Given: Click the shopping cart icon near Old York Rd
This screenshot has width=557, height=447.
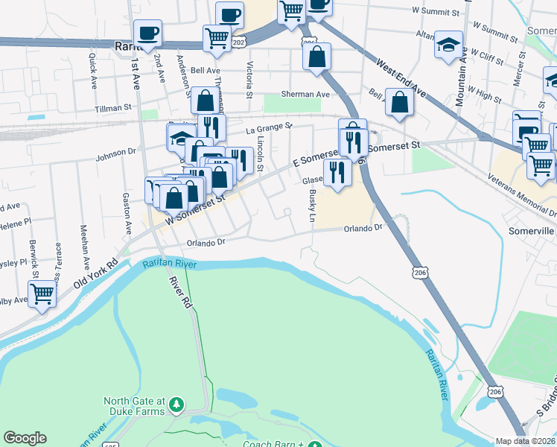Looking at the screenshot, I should tap(42, 293).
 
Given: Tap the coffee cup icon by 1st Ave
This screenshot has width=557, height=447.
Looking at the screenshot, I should tap(147, 33).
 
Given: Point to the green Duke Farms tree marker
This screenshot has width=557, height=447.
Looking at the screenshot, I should tap(176, 405).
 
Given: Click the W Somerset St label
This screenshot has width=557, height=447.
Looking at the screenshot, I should tap(195, 209).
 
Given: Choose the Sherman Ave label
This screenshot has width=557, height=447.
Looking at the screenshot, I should tap(305, 95).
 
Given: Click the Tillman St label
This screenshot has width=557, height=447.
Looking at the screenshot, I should tap(112, 108).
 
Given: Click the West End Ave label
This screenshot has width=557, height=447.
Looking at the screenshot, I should tap(401, 79).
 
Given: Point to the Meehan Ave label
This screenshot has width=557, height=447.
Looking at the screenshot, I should tap(84, 246).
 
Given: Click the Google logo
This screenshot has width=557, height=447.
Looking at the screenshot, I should tap(25, 438).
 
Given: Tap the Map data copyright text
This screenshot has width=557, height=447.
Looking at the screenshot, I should tap(526, 441).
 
